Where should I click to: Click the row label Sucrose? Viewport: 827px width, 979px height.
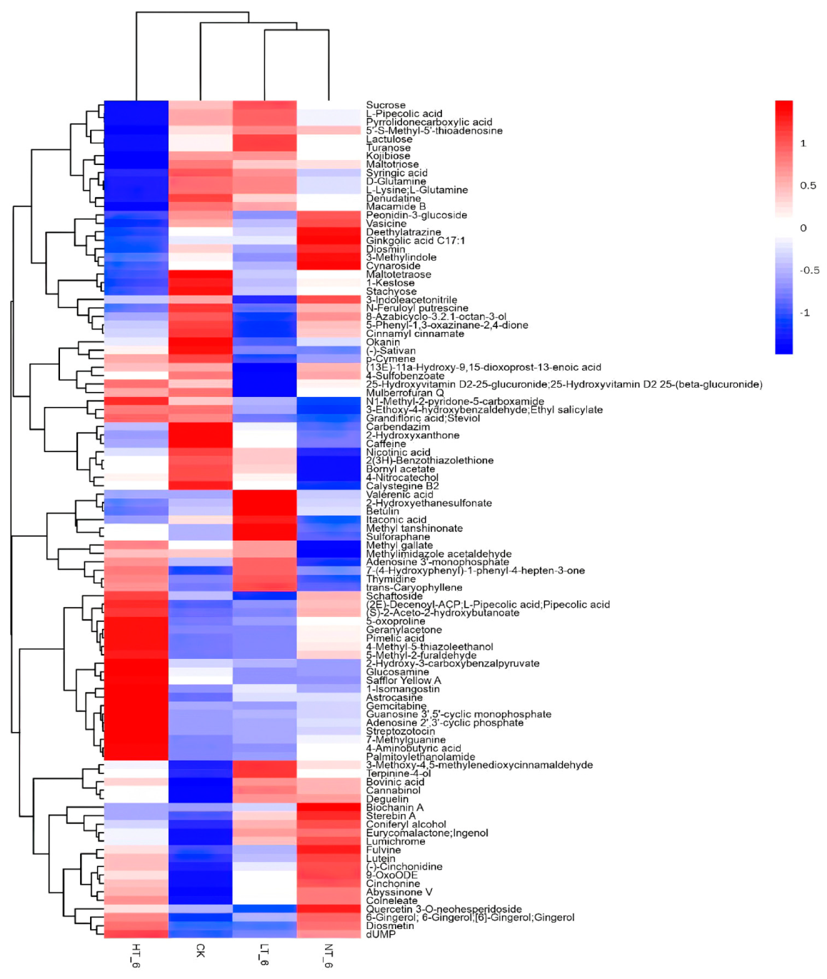tap(386, 105)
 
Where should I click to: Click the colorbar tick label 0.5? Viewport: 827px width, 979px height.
tap(808, 186)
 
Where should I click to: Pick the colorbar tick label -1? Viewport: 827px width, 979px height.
tap(805, 313)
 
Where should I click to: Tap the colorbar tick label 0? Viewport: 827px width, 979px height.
tap(803, 228)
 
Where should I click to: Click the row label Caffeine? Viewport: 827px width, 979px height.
tap(386, 443)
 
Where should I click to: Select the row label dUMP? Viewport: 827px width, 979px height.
tap(381, 934)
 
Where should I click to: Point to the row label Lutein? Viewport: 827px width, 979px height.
tap(381, 858)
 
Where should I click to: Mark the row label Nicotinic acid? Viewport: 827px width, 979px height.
tap(398, 452)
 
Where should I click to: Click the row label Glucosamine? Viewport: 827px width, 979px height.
tap(398, 672)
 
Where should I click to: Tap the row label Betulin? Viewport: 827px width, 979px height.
tap(383, 511)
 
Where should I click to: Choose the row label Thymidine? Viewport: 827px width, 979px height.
tap(391, 579)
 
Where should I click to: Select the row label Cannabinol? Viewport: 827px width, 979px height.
tap(394, 790)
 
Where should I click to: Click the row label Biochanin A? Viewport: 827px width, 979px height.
tap(395, 808)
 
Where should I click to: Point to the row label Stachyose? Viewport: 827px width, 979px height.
tap(391, 291)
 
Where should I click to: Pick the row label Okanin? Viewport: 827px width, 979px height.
tap(384, 342)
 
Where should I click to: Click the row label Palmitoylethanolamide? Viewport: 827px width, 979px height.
tap(421, 757)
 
